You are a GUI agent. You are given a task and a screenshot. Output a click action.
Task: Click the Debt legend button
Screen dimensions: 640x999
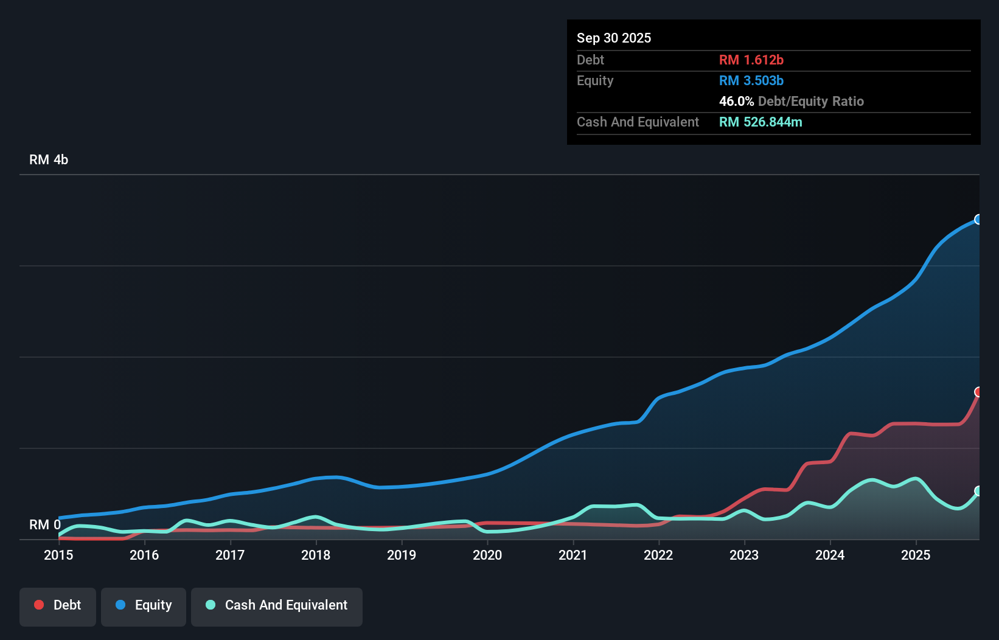58,606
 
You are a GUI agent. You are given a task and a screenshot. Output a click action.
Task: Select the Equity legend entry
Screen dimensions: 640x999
144,606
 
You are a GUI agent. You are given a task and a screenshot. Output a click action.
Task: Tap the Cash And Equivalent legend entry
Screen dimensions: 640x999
277,606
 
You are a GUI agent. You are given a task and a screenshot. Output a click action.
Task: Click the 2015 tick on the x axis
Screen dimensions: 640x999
58,555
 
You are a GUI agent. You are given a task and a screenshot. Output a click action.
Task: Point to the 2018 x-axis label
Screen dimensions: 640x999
316,555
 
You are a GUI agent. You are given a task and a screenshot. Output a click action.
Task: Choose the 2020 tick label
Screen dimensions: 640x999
487,555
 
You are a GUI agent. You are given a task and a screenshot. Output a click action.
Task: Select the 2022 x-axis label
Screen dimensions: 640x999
658,555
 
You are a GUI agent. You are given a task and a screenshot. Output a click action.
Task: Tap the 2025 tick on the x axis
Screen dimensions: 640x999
916,555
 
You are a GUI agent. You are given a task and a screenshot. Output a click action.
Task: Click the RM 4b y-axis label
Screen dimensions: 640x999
49,160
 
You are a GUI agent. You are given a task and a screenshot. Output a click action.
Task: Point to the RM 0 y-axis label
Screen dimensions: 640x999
45,524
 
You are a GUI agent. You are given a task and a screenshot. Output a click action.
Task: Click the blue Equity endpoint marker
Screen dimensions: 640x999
978,220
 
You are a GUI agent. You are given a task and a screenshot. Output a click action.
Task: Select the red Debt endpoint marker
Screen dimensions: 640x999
978,392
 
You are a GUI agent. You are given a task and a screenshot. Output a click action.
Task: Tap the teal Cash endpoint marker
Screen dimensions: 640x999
978,491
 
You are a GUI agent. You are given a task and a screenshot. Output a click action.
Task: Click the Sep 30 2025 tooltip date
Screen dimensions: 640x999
614,38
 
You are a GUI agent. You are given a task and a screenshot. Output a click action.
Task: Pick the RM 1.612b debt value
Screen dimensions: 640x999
751,60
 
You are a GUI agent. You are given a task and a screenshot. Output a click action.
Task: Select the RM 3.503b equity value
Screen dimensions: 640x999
751,80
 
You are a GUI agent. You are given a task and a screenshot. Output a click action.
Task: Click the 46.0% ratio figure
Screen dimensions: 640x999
736,101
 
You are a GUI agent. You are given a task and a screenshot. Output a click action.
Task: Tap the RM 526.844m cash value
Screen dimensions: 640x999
761,122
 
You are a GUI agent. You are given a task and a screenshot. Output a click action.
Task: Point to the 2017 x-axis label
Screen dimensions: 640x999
230,555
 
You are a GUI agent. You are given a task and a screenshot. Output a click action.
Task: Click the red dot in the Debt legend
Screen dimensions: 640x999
39,605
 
